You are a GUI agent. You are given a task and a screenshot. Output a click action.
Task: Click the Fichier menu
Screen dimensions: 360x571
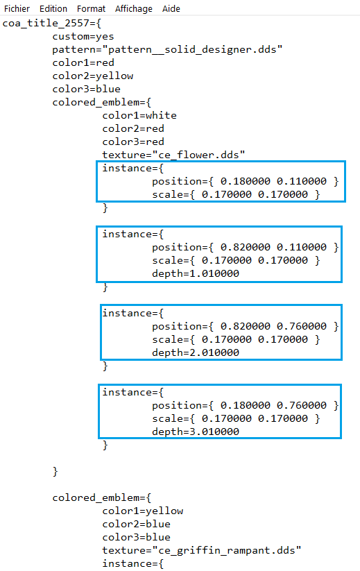(x=17, y=9)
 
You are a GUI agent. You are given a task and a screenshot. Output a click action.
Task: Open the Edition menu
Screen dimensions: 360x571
(x=53, y=9)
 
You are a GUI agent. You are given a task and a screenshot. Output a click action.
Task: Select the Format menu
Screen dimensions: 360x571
(x=91, y=9)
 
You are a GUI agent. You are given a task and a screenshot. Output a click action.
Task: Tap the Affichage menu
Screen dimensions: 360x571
(x=134, y=9)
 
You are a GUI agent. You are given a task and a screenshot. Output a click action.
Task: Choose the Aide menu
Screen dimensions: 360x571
(x=171, y=9)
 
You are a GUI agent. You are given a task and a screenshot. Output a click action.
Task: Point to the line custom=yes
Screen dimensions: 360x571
(x=83, y=36)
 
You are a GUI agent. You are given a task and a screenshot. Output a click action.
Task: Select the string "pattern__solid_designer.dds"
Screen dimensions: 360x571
(x=196, y=49)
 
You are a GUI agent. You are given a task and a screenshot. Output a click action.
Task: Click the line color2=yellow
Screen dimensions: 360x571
(x=93, y=76)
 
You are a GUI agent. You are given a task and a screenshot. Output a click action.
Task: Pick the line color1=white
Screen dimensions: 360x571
(x=139, y=115)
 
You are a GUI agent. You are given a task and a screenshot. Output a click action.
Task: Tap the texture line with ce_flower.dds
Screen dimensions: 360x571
(x=173, y=155)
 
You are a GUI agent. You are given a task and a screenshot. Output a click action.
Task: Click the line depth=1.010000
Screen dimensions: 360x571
(x=196, y=273)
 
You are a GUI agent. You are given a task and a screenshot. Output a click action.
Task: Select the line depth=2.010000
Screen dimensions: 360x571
(x=196, y=352)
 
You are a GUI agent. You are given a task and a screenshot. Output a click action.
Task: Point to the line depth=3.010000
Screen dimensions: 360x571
(x=196, y=432)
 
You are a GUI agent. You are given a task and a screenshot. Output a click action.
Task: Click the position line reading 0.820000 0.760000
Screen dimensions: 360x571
(x=246, y=326)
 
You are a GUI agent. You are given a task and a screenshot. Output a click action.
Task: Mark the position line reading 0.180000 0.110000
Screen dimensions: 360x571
(x=246, y=181)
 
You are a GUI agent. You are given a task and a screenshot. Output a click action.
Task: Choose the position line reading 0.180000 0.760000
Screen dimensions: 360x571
(x=246, y=405)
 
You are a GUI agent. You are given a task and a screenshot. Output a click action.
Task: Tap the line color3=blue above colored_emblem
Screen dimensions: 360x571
(x=86, y=89)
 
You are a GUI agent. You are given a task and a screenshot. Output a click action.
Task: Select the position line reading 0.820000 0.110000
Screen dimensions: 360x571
(x=246, y=247)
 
